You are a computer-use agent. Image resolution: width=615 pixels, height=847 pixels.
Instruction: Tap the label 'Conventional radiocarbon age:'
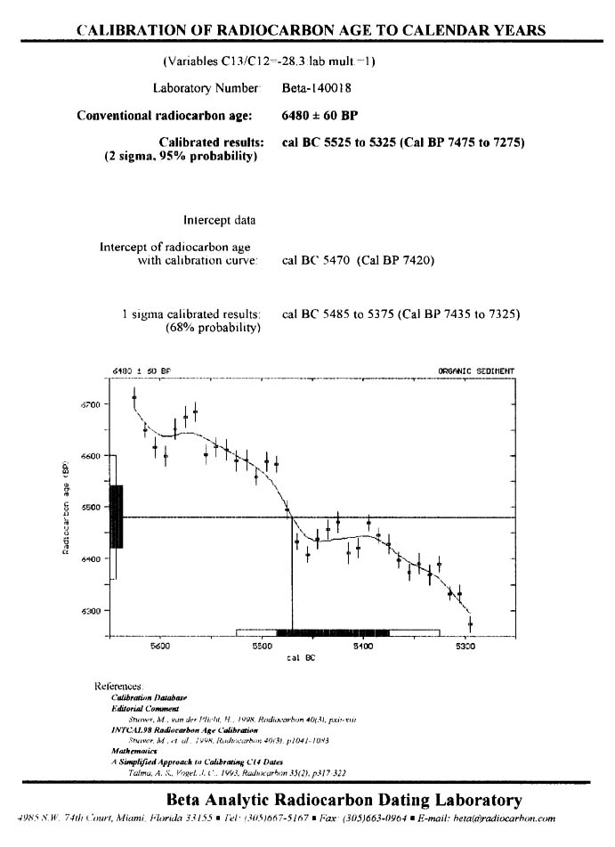[166, 116]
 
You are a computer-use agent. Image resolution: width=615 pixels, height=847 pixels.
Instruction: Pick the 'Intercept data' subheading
[220, 219]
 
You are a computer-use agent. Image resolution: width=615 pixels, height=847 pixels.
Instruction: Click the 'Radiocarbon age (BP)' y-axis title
[66, 509]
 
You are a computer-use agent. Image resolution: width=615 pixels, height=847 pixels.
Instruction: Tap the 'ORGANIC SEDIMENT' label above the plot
[476, 371]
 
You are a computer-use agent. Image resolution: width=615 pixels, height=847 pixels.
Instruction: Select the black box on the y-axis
[116, 517]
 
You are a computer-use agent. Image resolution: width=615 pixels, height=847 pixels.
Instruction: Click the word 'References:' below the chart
[118, 686]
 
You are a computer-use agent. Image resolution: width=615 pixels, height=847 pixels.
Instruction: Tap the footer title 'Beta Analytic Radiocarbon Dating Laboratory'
[344, 799]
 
